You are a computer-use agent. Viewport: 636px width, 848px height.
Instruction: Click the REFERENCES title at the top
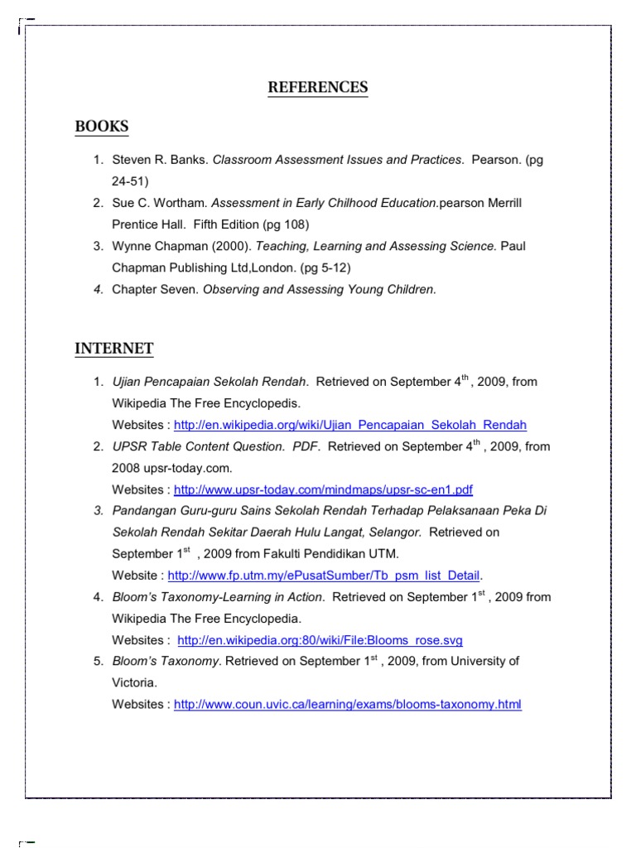tap(318, 88)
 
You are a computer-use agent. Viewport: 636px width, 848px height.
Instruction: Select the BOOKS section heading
tap(102, 127)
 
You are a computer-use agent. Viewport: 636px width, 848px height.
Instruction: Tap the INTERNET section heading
tap(114, 349)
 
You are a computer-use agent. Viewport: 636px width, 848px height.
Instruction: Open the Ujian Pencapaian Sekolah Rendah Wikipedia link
tap(349, 425)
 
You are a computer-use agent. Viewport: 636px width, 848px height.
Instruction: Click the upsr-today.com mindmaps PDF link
tap(323, 489)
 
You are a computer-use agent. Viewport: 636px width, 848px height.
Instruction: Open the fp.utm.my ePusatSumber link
tap(324, 576)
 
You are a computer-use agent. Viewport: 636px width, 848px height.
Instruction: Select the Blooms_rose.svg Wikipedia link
tap(320, 640)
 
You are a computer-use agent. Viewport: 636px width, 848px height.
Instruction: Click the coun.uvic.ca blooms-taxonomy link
tap(348, 705)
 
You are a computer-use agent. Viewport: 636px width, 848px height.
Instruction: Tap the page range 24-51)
tap(130, 181)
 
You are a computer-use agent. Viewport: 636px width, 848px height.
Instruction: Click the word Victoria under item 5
tap(133, 683)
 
